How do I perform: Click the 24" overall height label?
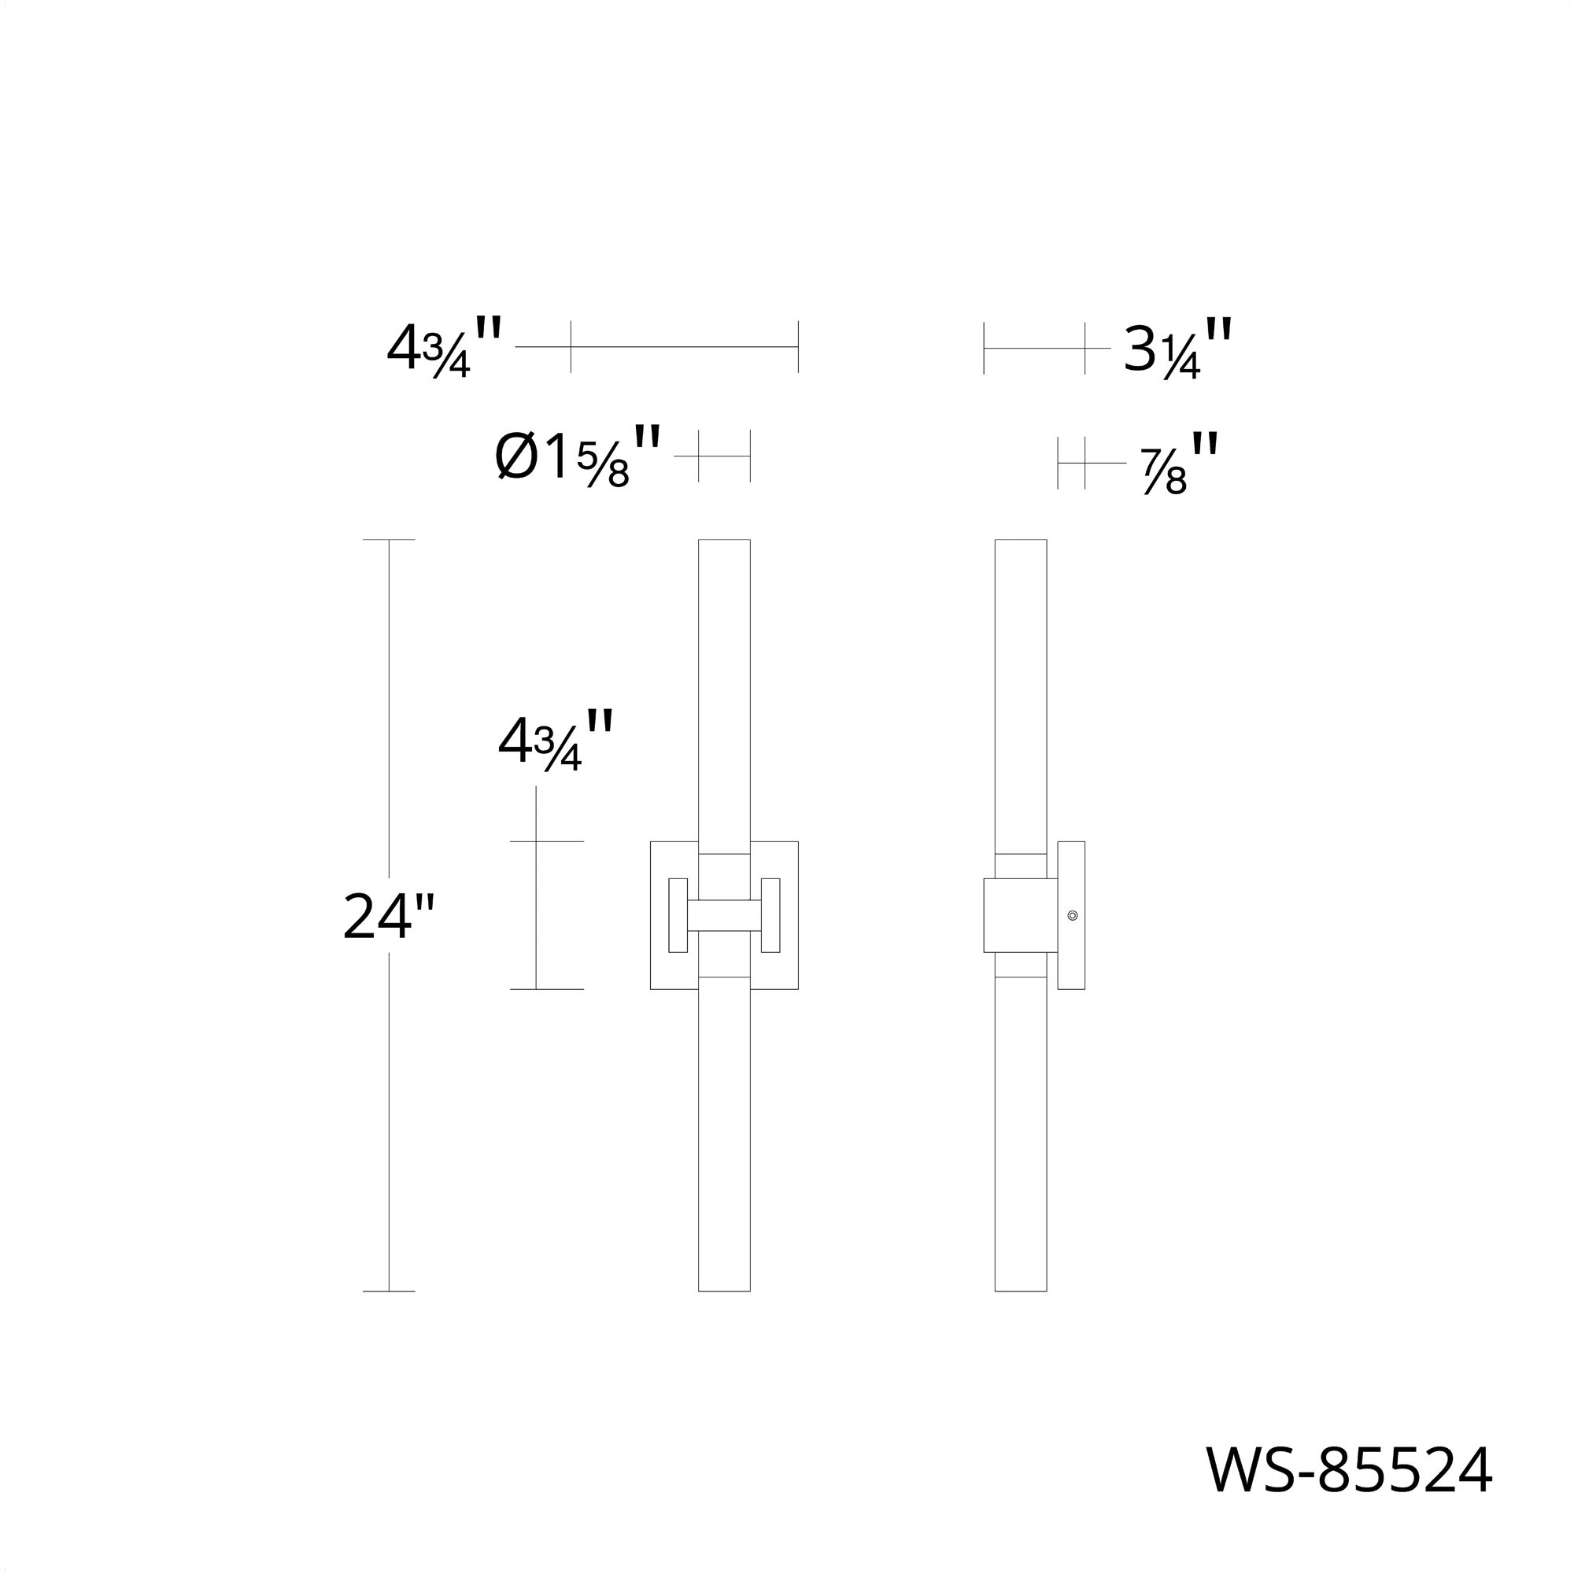[389, 918]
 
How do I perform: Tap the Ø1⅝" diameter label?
[577, 457]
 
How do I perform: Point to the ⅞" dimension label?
[1179, 464]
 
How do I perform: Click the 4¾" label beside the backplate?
[555, 741]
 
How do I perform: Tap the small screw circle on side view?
[1072, 916]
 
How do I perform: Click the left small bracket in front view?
[678, 915]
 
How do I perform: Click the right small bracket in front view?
[770, 915]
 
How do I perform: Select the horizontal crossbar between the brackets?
[724, 916]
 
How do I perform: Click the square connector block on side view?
[1020, 915]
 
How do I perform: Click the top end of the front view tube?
[724, 541]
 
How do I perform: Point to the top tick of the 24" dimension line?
[389, 539]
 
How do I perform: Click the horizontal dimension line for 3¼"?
[1034, 348]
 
